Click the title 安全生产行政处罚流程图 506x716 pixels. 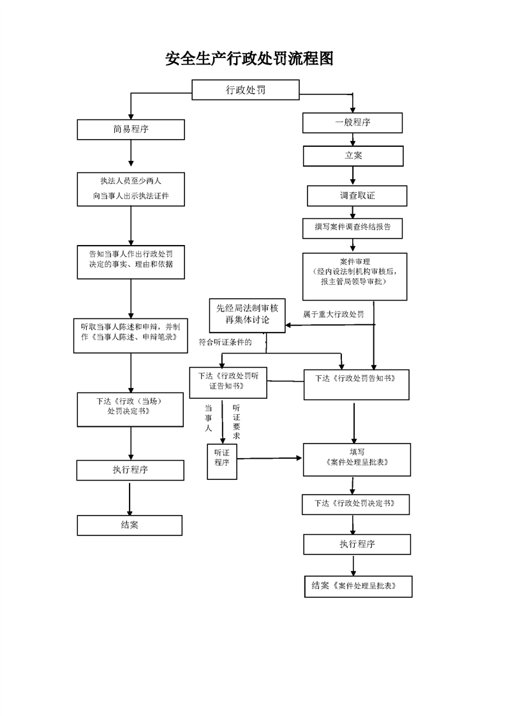249,59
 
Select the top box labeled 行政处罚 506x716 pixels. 246,90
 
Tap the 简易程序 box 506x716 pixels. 131,130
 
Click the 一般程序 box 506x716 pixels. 353,123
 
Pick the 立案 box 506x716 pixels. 353,156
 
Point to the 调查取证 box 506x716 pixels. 357,196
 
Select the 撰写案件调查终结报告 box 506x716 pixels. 353,228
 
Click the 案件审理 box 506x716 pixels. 355,277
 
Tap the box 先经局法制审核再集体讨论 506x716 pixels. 248,315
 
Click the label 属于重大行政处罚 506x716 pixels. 333,314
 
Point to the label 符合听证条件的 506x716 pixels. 225,342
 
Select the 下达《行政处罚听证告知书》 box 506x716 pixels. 228,383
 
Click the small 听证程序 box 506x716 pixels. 222,461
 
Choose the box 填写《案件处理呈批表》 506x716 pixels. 357,460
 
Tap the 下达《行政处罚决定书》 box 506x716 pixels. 356,505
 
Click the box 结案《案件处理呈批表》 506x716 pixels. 359,586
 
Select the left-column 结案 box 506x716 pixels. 130,526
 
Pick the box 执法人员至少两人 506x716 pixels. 131,190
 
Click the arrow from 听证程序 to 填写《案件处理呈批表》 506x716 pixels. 270,458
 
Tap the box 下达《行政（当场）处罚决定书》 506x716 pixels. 130,410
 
